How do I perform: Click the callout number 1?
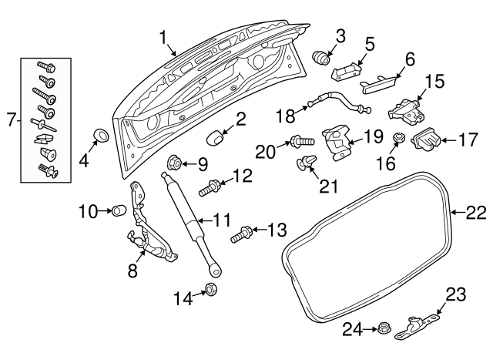click(x=163, y=36)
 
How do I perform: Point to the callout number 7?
click(x=10, y=119)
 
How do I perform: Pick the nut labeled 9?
click(x=174, y=163)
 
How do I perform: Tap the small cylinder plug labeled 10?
click(x=118, y=210)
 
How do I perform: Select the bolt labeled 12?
click(x=210, y=187)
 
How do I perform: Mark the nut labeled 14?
click(x=210, y=290)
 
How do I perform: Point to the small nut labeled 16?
click(x=399, y=139)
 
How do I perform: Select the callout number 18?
click(x=285, y=116)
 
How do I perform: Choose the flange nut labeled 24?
click(x=380, y=331)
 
